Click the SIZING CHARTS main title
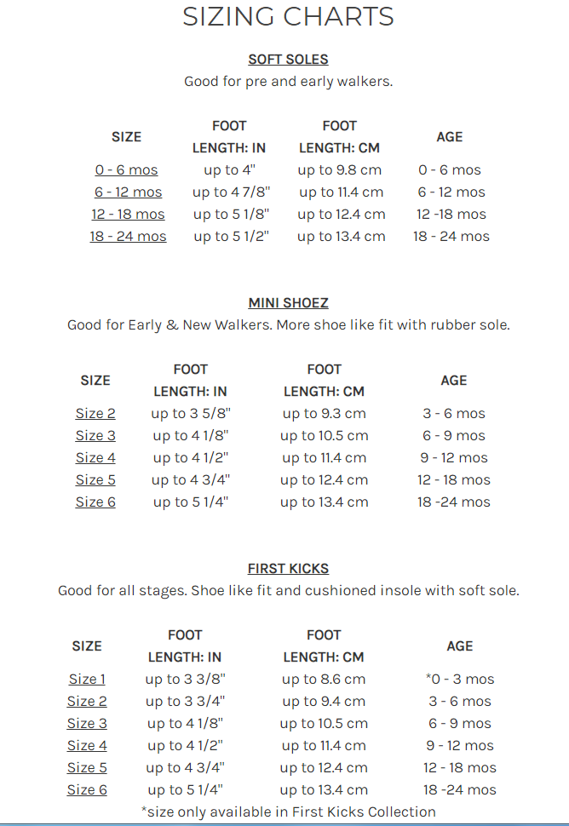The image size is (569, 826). pos(288,16)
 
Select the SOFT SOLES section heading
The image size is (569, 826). pos(288,60)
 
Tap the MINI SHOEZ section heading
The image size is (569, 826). pos(288,303)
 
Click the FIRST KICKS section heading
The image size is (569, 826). pos(288,569)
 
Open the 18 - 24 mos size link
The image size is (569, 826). pos(128,237)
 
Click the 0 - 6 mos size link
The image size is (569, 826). pos(126,170)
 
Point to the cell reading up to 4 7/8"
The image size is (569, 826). pos(228,192)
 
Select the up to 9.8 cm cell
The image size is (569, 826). pos(339,170)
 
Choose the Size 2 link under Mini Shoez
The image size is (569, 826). pos(95,414)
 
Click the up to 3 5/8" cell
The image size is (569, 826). pos(191,414)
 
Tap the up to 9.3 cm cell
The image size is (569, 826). pos(324,414)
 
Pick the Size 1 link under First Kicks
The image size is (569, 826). pos(87,680)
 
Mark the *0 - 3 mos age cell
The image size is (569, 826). pos(460,680)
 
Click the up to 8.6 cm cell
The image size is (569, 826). pos(324,680)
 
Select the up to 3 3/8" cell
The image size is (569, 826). pos(185,680)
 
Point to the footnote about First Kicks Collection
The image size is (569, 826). pos(288,812)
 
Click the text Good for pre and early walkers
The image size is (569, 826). pos(288,82)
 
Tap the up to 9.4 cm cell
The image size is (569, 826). pos(324,702)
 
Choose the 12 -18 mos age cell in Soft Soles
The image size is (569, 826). pos(451,215)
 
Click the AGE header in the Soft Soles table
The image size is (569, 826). pos(450,137)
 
